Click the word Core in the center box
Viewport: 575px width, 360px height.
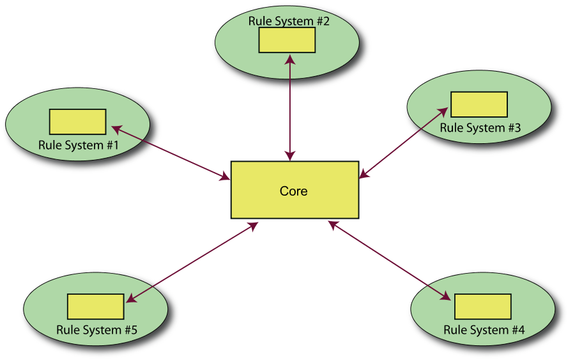click(x=293, y=191)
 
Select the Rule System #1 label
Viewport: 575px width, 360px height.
click(x=79, y=145)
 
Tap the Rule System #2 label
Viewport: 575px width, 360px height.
click(x=289, y=21)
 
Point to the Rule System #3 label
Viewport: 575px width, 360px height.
click(x=480, y=128)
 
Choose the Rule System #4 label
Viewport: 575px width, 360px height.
click(x=484, y=331)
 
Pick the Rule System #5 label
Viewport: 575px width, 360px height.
click(x=96, y=331)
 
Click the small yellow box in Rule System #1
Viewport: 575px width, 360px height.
click(x=77, y=121)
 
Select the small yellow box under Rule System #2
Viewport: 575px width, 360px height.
click(x=287, y=40)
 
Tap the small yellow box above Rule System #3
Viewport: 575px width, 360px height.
click(x=479, y=104)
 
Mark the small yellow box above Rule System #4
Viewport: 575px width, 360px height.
click(x=482, y=306)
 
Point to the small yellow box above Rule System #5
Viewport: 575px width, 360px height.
click(x=95, y=306)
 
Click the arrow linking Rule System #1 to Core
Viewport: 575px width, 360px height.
click(x=171, y=153)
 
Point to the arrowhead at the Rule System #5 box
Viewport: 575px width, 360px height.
click(x=130, y=299)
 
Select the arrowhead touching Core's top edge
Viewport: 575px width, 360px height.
click(x=291, y=157)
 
